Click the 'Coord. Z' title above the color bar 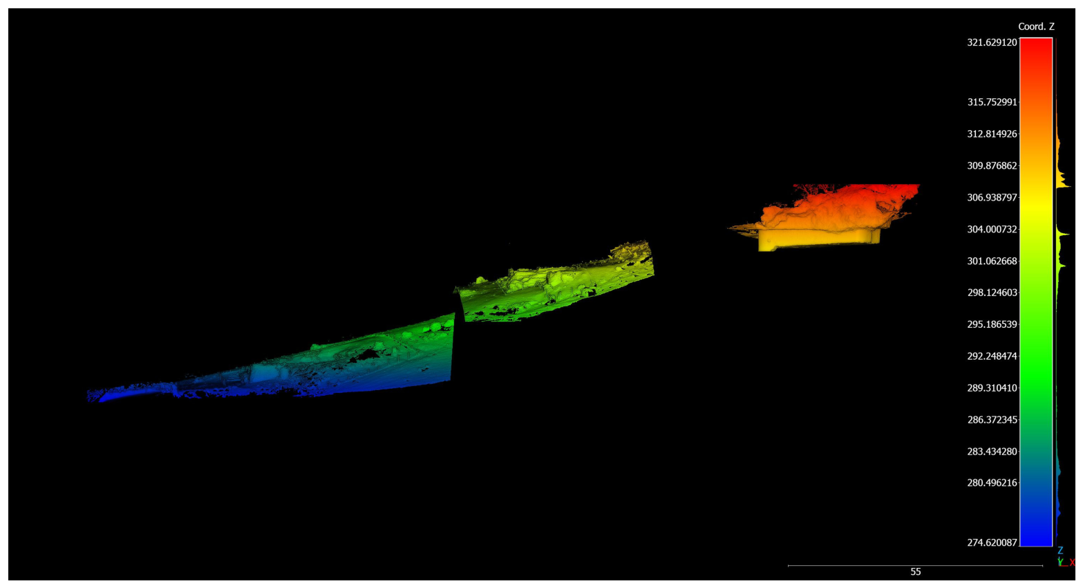click(1036, 26)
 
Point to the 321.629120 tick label click(992, 43)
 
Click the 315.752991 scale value click(992, 102)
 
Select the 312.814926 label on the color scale click(992, 134)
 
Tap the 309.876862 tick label click(992, 165)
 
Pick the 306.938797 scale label click(992, 197)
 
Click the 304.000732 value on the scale click(992, 230)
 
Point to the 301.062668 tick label click(992, 261)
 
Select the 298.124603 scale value click(992, 293)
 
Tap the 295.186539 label click(992, 324)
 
